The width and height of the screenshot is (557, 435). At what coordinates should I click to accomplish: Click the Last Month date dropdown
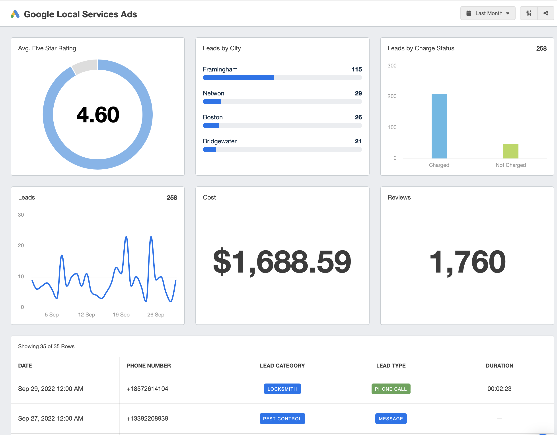coord(488,13)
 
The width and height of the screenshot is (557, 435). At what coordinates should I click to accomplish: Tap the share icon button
coord(545,13)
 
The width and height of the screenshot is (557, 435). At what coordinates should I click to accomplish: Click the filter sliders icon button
coord(529,13)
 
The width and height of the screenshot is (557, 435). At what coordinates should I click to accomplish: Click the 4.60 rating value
coord(98,115)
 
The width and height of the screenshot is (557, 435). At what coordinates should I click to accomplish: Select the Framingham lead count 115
coord(356,69)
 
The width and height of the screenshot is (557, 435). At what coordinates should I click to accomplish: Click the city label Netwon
coord(213,93)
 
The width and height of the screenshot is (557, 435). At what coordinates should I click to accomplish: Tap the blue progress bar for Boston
coord(211,126)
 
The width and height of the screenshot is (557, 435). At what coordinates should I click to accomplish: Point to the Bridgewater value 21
coord(358,141)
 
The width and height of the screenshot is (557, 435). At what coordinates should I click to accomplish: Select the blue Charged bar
coord(439,126)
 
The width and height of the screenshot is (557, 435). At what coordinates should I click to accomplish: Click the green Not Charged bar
coord(510,151)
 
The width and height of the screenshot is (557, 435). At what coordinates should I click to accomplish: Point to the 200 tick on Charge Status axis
coord(392,96)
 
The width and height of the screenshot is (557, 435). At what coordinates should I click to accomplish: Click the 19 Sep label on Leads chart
coord(121,314)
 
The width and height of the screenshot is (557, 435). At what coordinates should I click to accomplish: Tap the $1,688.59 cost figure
coord(282,261)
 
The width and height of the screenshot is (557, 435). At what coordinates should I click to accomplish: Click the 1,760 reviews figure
coord(467,261)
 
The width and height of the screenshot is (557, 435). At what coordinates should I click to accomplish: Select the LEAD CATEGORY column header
coord(282,366)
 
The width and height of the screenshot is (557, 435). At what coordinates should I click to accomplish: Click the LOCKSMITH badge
coord(282,389)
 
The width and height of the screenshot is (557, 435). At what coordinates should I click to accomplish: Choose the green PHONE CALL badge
coord(391,389)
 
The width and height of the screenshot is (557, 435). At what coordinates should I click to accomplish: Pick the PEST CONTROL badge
coord(282,419)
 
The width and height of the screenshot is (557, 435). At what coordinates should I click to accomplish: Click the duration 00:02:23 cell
coord(499,389)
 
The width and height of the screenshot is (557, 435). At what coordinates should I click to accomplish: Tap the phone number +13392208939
coord(147,418)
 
